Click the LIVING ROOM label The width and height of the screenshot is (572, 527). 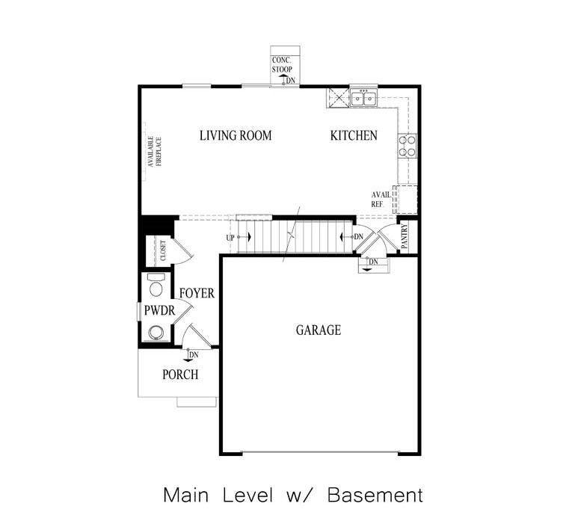(235, 136)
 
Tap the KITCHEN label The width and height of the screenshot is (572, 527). (354, 136)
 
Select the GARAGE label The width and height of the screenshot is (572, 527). (318, 330)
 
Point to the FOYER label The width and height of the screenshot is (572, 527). (197, 294)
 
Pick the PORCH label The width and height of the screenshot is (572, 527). (180, 374)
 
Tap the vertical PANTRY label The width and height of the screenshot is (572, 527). (405, 237)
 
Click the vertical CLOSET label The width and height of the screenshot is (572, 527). (163, 250)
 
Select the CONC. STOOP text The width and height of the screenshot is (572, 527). (283, 64)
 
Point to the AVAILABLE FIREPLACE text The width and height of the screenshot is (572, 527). (154, 151)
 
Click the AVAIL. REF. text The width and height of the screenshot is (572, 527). (381, 199)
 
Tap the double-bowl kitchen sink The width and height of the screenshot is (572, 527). (364, 98)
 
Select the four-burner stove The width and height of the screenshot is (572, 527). (408, 146)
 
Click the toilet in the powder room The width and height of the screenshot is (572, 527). (156, 285)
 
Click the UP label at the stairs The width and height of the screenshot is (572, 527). (231, 238)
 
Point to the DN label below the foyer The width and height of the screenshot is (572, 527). (194, 354)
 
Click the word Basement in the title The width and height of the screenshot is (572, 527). (376, 495)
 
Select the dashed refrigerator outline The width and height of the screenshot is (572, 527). (407, 198)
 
